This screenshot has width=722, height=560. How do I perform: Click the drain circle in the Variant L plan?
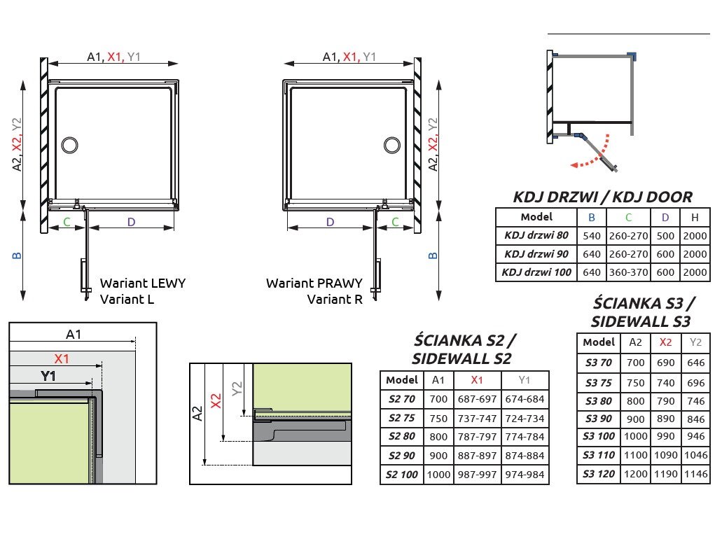(70, 145)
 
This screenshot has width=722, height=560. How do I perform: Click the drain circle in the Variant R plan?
(392, 145)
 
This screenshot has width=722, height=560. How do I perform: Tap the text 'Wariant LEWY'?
(143, 283)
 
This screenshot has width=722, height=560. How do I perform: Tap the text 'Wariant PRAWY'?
(314, 283)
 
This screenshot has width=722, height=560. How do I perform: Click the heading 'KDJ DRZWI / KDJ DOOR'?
(602, 197)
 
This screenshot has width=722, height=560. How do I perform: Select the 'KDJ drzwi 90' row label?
(536, 254)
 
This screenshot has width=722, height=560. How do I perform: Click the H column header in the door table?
(695, 217)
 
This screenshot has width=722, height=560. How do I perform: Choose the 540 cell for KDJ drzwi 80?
(592, 236)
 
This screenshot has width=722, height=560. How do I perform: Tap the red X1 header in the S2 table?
(478, 380)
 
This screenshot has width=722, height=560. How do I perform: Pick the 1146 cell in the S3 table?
(695, 475)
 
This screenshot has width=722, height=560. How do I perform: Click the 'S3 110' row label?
(598, 456)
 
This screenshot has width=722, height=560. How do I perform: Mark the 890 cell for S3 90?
(665, 418)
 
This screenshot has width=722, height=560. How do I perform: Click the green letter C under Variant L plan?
(67, 223)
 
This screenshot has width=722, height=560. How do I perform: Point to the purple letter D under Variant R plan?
(331, 223)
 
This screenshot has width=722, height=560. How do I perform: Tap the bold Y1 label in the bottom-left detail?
(48, 377)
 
